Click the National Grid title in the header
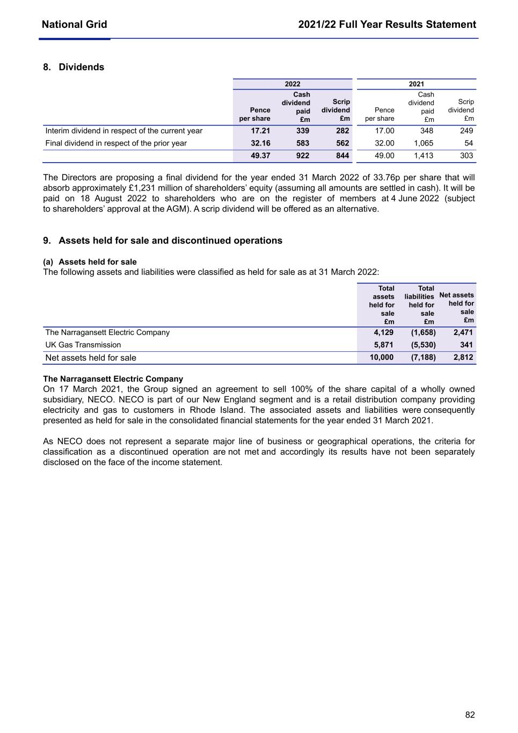point(74,24)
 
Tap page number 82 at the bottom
point(470,715)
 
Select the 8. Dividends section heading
point(74,67)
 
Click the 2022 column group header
point(293,84)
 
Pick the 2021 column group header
point(417,84)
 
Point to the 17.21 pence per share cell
point(260,130)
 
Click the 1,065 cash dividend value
point(424,143)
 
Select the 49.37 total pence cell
point(260,156)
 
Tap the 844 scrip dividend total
point(342,156)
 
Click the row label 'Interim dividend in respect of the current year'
point(123,130)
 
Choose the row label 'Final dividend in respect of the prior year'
point(116,143)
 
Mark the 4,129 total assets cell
point(384,332)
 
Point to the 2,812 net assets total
point(463,357)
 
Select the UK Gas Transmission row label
point(83,345)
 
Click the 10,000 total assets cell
point(382,357)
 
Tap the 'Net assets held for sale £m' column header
point(457,307)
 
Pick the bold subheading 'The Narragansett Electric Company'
point(113,379)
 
